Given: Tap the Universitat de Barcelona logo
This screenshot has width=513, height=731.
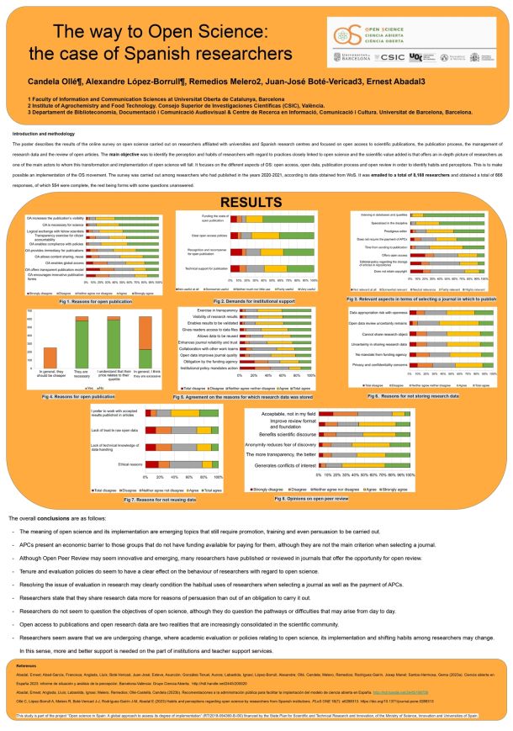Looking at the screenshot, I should (354, 56).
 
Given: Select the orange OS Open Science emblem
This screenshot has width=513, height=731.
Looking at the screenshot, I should (345, 35).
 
